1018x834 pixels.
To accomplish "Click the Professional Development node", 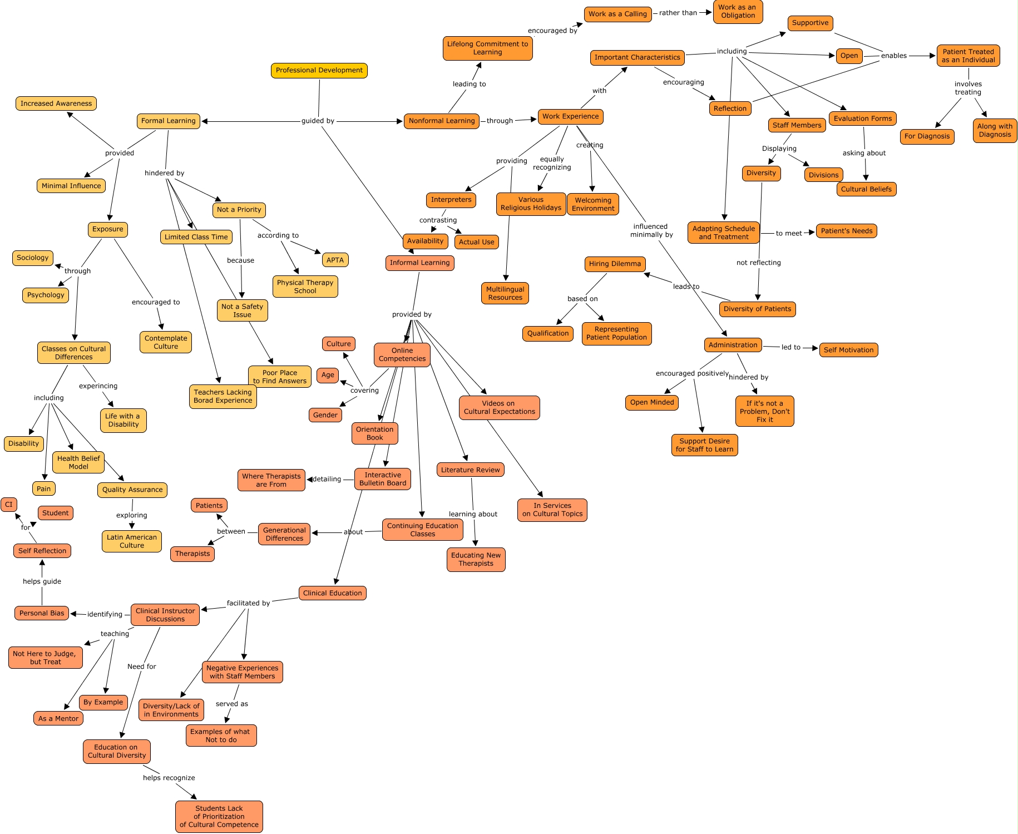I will (319, 71).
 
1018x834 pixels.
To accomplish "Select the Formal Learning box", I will (169, 121).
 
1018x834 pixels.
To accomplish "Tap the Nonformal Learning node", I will (442, 121).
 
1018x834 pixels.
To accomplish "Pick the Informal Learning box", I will (419, 263).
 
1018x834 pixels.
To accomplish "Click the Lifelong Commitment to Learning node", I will (487, 48).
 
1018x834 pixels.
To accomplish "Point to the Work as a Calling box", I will (617, 14).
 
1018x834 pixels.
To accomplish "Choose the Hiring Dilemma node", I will (615, 264).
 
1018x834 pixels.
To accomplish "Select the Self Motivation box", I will (848, 351).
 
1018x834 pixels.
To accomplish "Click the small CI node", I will (9, 505).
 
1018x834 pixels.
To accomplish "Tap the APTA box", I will (335, 260).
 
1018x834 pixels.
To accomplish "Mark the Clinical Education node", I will (332, 594).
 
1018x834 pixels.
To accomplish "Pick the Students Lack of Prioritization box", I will (219, 817).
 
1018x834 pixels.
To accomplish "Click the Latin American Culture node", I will (132, 541).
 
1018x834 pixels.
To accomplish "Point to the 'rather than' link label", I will (678, 13).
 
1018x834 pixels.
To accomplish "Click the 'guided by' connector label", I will (318, 121).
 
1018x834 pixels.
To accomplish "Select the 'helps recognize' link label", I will (169, 778).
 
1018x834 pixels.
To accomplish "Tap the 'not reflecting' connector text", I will (758, 263).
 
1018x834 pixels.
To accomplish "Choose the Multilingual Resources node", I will (505, 294).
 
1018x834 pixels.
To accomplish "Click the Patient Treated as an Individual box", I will (968, 56).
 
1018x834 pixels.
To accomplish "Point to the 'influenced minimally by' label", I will (651, 231).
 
